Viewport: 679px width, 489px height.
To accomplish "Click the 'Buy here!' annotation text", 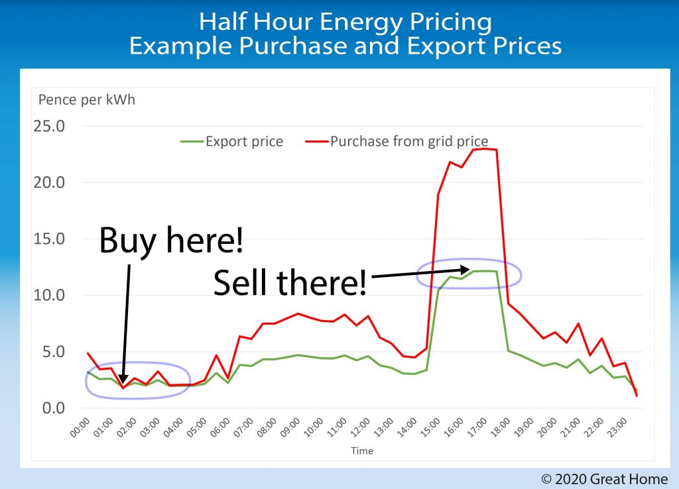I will (x=171, y=242).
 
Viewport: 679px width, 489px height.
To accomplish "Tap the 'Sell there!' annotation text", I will (x=289, y=284).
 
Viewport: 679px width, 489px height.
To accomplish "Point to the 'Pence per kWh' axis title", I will (x=87, y=101).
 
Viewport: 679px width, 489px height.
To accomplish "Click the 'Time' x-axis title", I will (x=362, y=451).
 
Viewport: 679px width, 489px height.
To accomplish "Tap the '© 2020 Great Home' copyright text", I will (x=605, y=478).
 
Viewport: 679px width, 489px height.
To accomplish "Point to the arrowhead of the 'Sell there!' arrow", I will (x=467, y=269).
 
